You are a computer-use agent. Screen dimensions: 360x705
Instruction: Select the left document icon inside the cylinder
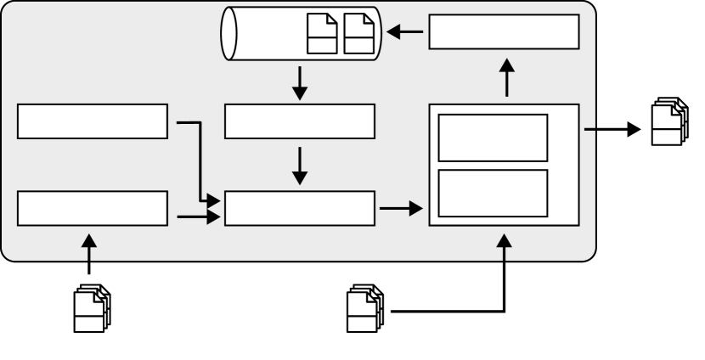coord(321,34)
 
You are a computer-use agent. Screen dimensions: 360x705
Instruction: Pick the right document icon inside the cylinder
coord(357,34)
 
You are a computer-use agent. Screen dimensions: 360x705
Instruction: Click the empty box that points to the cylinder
coord(504,32)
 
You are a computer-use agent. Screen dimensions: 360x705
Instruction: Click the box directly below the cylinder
coord(299,121)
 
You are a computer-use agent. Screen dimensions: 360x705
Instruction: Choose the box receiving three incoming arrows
coord(299,208)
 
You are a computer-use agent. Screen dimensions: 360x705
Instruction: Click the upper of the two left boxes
coord(93,121)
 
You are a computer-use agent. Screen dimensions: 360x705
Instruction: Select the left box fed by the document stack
coord(93,208)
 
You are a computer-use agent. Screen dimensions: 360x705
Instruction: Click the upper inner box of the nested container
coord(492,137)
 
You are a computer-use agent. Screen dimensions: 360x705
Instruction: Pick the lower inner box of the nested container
coord(492,193)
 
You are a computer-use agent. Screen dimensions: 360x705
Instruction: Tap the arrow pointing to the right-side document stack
coord(610,130)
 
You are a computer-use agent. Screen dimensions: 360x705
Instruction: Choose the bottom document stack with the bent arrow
coord(367,310)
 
